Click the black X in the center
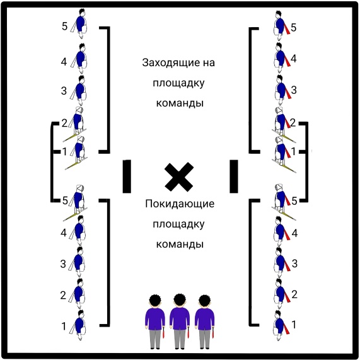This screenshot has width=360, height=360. [x=179, y=177]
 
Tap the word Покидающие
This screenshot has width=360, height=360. [x=180, y=204]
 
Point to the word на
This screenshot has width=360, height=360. [x=208, y=63]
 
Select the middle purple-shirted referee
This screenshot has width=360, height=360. [x=180, y=322]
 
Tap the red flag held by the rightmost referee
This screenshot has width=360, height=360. [x=213, y=332]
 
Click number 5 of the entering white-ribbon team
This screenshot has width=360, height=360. [x=65, y=26]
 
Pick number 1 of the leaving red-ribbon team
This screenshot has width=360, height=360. [x=294, y=325]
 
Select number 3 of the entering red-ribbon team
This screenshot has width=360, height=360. [x=294, y=90]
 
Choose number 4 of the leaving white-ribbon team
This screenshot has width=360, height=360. [x=64, y=233]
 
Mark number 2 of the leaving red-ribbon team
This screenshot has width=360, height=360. [x=294, y=294]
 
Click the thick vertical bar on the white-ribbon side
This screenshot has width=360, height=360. [x=127, y=177]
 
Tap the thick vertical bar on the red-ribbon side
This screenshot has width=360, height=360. [x=234, y=177]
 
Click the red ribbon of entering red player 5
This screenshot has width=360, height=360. [x=287, y=28]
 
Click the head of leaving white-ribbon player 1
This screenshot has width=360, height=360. [x=81, y=314]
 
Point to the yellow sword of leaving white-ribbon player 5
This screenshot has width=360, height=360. [x=74, y=214]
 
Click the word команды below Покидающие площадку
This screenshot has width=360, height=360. [x=180, y=244]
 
